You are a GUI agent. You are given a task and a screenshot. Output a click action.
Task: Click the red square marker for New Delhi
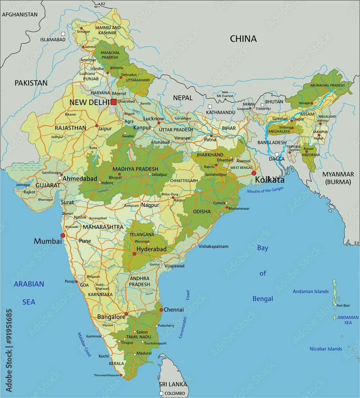[x=114, y=102]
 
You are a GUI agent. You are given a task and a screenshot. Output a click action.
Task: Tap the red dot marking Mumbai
[x=62, y=236]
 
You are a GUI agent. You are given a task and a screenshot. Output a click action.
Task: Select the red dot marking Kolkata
[x=254, y=173]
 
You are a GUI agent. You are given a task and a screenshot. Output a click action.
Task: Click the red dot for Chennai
[x=161, y=310]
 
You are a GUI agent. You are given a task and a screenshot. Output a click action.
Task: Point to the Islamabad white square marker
[x=63, y=34]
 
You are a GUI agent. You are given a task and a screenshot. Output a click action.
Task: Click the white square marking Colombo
[x=162, y=393]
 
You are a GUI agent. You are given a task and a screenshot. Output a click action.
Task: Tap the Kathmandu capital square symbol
[x=210, y=106]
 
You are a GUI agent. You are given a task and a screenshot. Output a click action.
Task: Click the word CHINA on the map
[x=243, y=39]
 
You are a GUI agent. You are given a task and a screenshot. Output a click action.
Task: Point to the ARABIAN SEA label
[x=29, y=293]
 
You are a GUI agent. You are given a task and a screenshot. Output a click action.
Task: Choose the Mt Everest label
[x=225, y=96]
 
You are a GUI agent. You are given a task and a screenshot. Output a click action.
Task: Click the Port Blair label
[x=343, y=306]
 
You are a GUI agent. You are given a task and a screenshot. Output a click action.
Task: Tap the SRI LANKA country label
[x=173, y=384]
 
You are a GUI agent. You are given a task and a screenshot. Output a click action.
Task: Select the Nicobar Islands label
[x=326, y=349]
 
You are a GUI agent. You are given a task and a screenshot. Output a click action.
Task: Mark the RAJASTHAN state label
[x=71, y=128]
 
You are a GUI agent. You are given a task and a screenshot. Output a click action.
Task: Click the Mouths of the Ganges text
[x=265, y=190]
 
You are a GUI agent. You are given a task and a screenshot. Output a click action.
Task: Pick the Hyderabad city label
[x=151, y=249]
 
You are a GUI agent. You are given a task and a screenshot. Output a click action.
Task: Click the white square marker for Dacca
[x=277, y=154]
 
